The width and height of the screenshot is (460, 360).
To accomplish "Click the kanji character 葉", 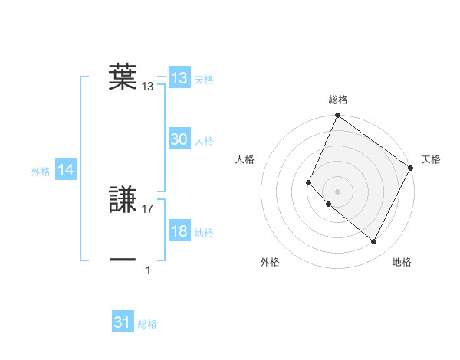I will pos(123,76).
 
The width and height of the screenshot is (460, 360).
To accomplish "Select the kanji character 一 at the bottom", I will pos(123,260).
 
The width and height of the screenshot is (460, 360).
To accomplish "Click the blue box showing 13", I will pos(179,78).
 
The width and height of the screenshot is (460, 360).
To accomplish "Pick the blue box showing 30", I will pos(179,139).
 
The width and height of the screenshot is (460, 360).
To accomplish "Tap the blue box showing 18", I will pos(179,231).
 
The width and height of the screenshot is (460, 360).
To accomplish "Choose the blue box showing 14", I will pos(66,171).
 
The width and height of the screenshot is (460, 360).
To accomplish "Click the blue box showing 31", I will pos(123,322).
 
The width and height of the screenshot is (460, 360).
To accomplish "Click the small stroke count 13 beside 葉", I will pos(148,87).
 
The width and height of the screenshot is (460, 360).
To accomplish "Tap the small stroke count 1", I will pos(148,270).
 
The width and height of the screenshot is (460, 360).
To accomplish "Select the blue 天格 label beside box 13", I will pos(204,80).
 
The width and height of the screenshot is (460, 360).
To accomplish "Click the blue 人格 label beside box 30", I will pos(204,141).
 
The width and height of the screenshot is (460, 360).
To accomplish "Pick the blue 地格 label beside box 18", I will pos(204,233).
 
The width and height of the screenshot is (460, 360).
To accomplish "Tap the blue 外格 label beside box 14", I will pos(41,172).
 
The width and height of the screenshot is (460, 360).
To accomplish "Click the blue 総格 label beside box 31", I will pos(147,324).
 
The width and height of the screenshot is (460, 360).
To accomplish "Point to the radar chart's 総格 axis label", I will pos(338,99).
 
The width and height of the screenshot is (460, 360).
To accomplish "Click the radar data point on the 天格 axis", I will pos(411,168).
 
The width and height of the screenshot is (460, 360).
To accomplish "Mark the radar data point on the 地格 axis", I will pos(374,242).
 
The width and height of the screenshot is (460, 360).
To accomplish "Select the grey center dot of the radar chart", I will pos(337,191).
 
